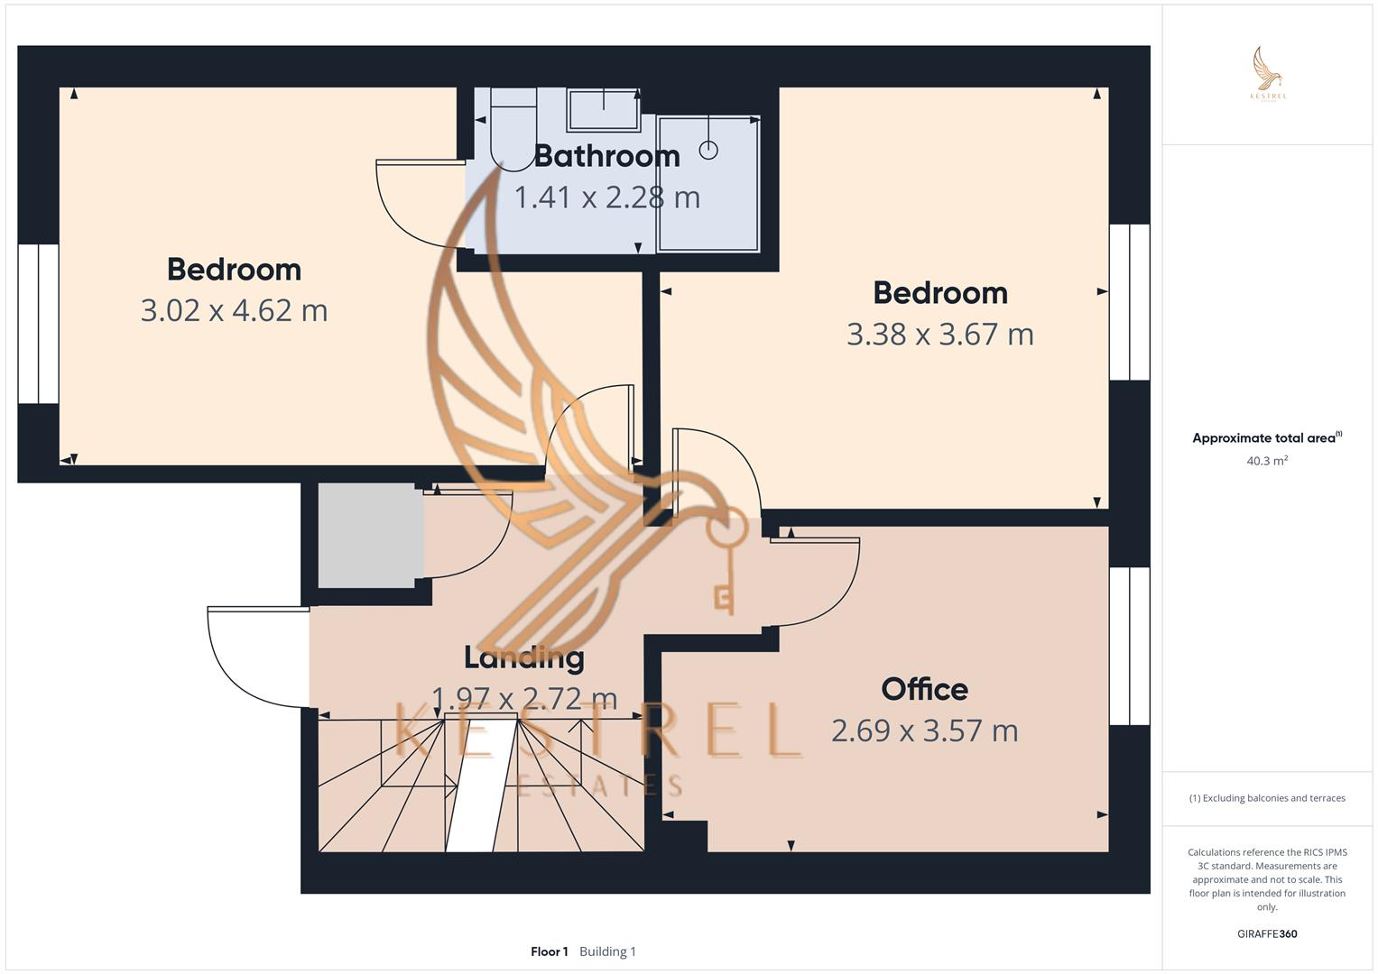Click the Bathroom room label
click(606, 156)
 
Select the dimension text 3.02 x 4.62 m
click(234, 310)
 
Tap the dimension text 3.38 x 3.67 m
click(939, 334)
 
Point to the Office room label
click(924, 689)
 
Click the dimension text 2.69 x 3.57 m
click(924, 730)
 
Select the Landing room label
click(523, 657)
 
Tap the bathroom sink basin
click(603, 110)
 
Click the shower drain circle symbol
click(708, 151)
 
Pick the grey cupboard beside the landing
click(370, 536)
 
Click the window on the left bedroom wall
click(38, 324)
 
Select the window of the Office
click(1129, 646)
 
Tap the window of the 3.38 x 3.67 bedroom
click(1129, 302)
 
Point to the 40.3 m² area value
click(1266, 461)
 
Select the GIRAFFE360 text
click(1266, 934)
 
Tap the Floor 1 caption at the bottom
click(550, 951)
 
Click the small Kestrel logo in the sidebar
click(1267, 74)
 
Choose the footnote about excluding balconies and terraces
click(1266, 798)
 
